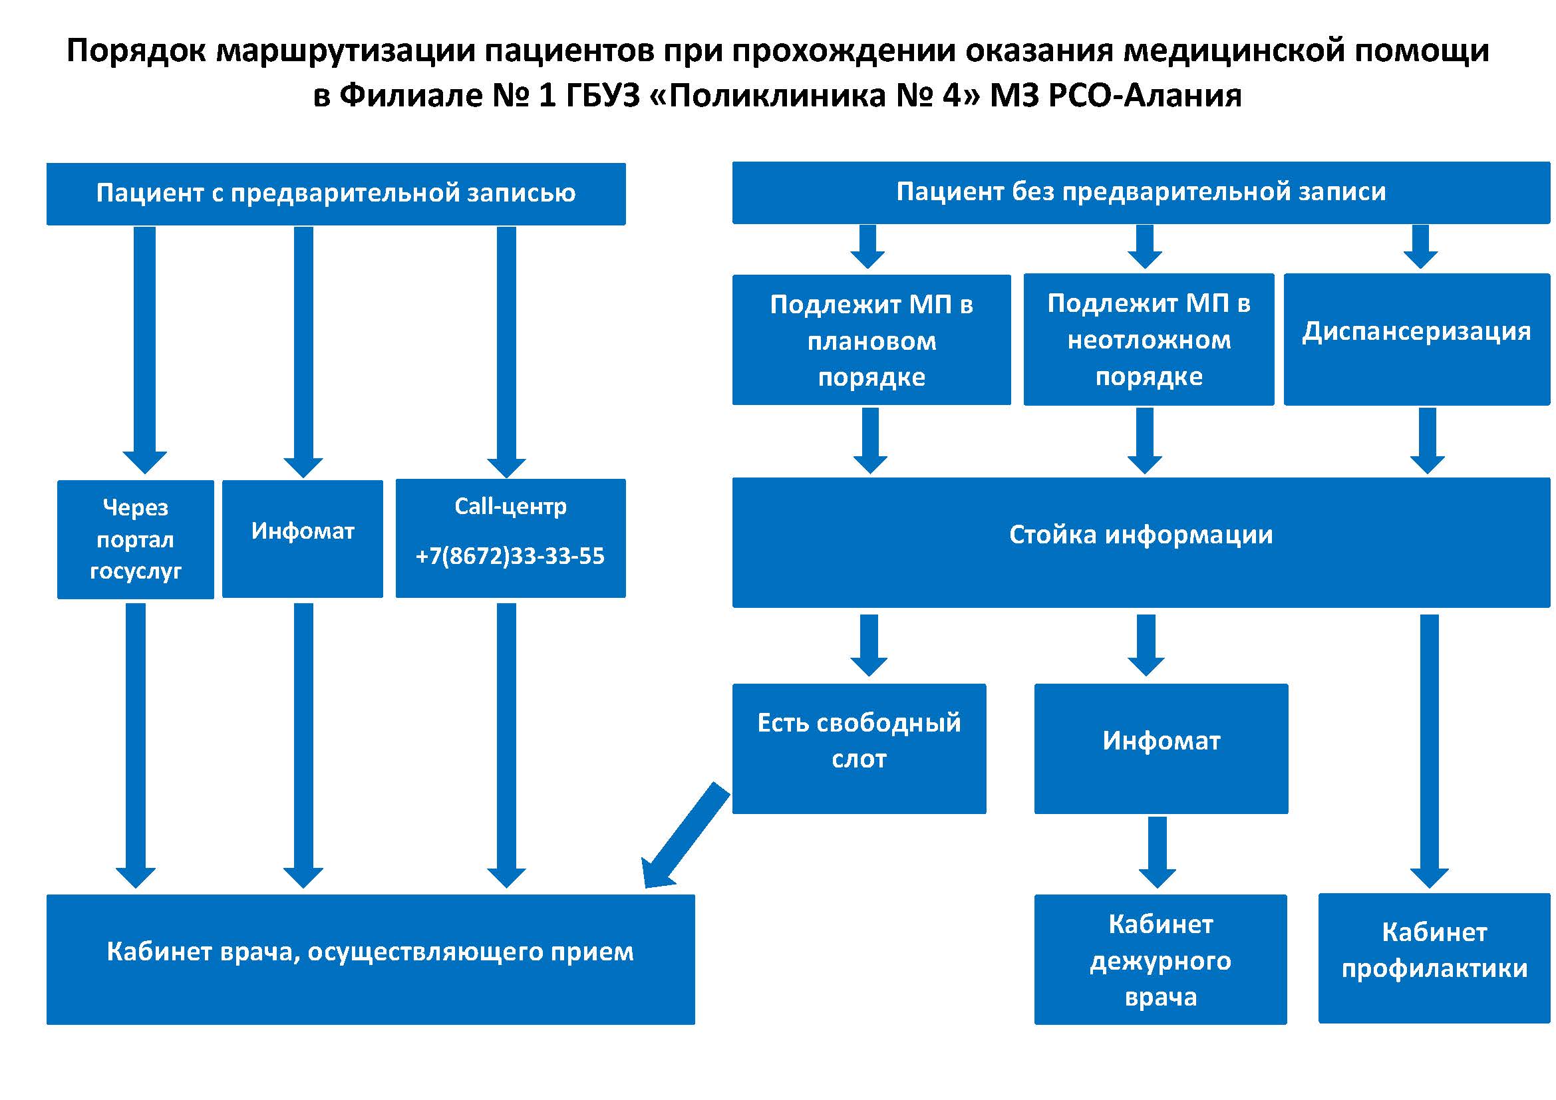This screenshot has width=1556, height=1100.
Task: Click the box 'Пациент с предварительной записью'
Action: pyautogui.click(x=335, y=194)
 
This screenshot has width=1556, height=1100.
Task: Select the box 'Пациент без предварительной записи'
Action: pyautogui.click(x=1141, y=192)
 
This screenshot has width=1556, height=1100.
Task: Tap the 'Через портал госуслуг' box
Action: pyautogui.click(x=136, y=539)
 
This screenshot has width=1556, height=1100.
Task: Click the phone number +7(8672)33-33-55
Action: pyautogui.click(x=510, y=556)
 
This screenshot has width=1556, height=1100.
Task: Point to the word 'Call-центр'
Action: pyautogui.click(x=510, y=506)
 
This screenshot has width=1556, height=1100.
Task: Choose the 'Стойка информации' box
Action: pyautogui.click(x=1141, y=542)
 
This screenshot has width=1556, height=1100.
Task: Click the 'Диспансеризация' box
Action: pyautogui.click(x=1416, y=339)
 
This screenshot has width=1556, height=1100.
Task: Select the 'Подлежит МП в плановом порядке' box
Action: pyautogui.click(x=871, y=340)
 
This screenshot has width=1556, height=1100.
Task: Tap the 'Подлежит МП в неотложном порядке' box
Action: pyautogui.click(x=1149, y=339)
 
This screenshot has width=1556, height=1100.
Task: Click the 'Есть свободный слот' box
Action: pyautogui.click(x=859, y=748)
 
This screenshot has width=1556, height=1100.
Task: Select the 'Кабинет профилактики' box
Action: pyautogui.click(x=1434, y=958)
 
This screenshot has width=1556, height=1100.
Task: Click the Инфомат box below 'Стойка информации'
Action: pyautogui.click(x=1161, y=748)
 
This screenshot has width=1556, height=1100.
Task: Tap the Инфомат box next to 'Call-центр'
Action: pyautogui.click(x=302, y=539)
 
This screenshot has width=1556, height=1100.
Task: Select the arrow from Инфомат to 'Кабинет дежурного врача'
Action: pyautogui.click(x=1158, y=852)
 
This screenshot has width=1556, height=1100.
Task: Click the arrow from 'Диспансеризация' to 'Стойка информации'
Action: pyautogui.click(x=1427, y=440)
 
